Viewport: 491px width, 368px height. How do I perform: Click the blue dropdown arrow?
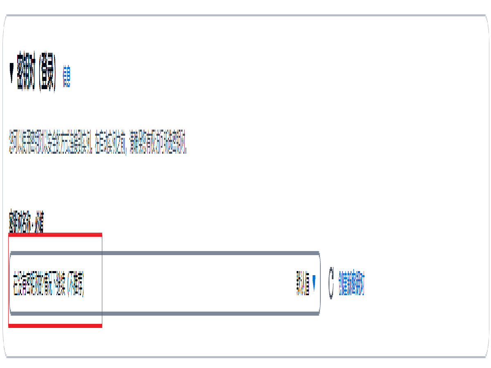pos(314,280)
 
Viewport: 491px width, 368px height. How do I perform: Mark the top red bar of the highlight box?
pos(55,235)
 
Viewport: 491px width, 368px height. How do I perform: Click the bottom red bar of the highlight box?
pos(55,325)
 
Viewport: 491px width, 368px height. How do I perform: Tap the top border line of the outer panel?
pos(245,16)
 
